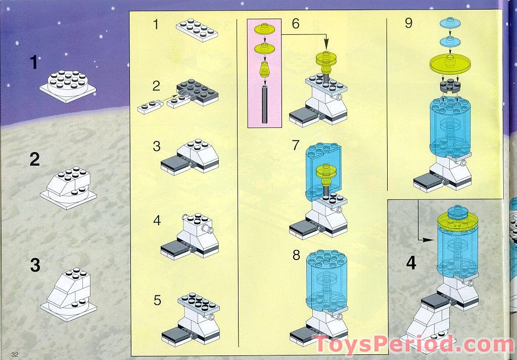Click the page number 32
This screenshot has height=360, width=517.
tap(15, 354)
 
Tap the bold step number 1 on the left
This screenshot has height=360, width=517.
tap(34, 62)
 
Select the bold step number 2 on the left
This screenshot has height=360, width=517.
tap(35, 160)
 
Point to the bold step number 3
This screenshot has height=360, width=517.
tap(35, 265)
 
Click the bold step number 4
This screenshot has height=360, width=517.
tap(411, 263)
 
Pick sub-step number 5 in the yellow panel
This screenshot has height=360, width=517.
tap(157, 300)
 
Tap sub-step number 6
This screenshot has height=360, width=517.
tap(296, 23)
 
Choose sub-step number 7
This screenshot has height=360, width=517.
tap(296, 145)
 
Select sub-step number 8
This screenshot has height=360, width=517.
tap(296, 254)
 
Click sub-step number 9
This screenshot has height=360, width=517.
tap(408, 23)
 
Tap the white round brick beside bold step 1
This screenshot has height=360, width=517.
tap(68, 82)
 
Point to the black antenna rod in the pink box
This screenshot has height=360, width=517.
tap(264, 104)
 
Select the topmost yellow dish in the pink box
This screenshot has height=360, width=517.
tap(264, 29)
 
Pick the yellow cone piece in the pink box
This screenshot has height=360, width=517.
tap(264, 69)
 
